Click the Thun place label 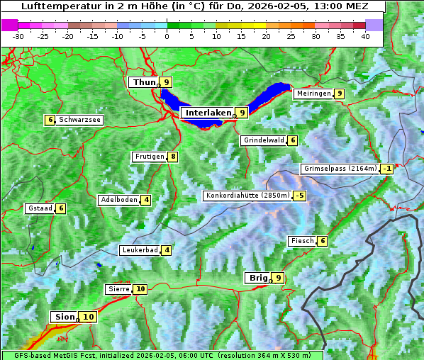(144, 83)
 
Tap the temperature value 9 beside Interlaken (242, 113)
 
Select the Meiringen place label (313, 94)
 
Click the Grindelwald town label (263, 140)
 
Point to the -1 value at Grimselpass (386, 169)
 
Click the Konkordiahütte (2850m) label (247, 196)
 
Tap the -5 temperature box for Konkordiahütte (300, 196)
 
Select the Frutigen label (149, 157)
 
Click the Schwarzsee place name (80, 120)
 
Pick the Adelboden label (118, 200)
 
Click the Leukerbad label (139, 250)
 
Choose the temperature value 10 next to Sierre (140, 289)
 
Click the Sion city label (63, 317)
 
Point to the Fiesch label (301, 242)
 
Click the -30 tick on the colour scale (18, 35)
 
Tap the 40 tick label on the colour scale (365, 35)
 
